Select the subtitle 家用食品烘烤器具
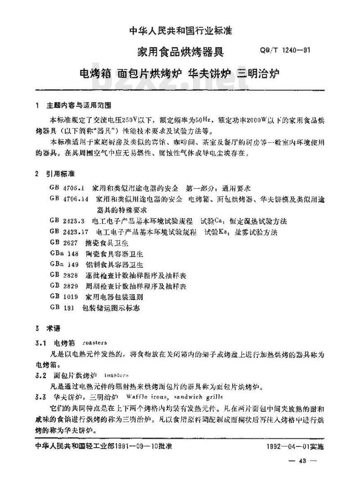point(180,52)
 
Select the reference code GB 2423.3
point(67,221)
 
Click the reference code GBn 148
point(65,254)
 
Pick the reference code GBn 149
point(65,264)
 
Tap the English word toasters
point(116,375)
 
